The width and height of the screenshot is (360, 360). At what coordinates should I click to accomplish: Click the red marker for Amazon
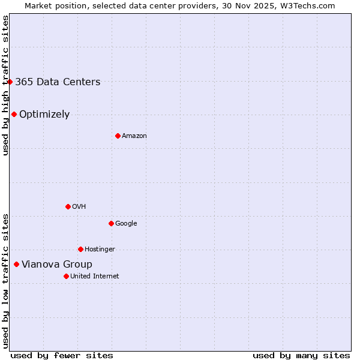[x=118, y=136]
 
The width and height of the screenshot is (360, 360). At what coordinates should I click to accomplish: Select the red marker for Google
[x=111, y=223]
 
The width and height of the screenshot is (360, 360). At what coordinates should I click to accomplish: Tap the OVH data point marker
[x=68, y=206]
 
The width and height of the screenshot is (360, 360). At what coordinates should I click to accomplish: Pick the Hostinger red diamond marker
[x=80, y=249]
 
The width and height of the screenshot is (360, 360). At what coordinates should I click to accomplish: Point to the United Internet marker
[x=66, y=276]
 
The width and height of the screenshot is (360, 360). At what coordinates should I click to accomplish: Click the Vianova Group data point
[x=16, y=264]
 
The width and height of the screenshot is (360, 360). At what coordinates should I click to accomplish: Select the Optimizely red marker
[x=14, y=114]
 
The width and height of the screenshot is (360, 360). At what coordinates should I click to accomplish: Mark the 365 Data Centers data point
[x=10, y=82]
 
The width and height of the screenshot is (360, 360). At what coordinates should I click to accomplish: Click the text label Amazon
[x=134, y=136]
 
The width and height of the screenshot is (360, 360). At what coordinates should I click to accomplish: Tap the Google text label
[x=126, y=224]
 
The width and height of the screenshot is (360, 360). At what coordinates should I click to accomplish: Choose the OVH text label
[x=79, y=207]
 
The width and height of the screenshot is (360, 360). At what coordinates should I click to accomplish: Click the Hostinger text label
[x=100, y=250]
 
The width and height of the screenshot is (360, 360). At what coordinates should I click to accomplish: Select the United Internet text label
[x=95, y=277]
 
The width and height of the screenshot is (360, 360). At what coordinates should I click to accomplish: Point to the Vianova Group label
[x=57, y=265]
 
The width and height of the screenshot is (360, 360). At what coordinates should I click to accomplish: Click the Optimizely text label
[x=44, y=115]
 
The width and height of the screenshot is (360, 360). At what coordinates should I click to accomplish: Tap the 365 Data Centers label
[x=58, y=82]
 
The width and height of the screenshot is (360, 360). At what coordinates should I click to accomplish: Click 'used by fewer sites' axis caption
[x=62, y=355]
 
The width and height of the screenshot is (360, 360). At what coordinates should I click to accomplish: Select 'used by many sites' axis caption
[x=301, y=355]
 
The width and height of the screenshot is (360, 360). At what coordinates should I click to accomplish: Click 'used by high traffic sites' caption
[x=5, y=85]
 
